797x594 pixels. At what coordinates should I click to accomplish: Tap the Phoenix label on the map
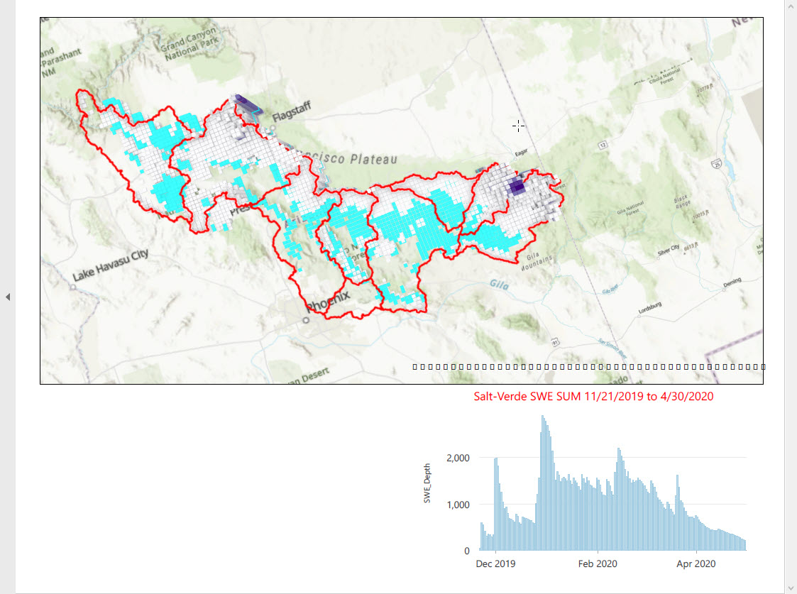(x=328, y=303)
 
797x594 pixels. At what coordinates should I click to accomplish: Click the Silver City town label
(x=669, y=248)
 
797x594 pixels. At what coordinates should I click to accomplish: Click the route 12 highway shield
(x=603, y=145)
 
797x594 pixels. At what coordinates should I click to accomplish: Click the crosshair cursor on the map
(x=519, y=126)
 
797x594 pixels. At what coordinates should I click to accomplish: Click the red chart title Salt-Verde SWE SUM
(x=593, y=397)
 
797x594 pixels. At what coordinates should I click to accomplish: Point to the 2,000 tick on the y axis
(x=457, y=458)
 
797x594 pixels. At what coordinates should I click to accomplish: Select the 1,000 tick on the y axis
(x=457, y=505)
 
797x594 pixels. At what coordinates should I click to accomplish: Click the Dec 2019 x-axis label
(x=495, y=564)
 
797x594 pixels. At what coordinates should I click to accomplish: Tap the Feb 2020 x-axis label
(x=598, y=564)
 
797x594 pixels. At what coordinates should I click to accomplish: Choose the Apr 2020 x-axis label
(x=696, y=564)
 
